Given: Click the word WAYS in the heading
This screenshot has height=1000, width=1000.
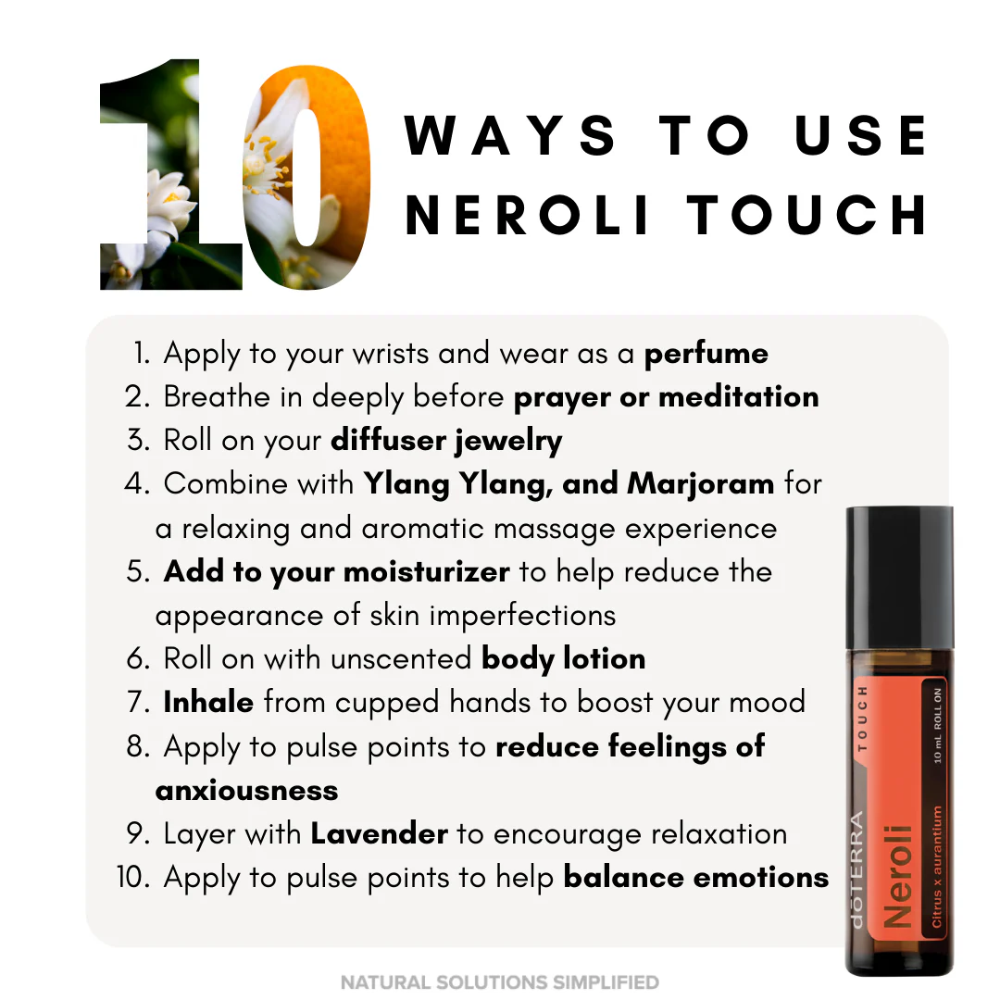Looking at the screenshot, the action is pos(510,135).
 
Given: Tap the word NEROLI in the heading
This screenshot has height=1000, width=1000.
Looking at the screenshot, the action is pos(528,215).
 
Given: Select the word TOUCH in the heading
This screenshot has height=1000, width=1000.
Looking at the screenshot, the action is pos(807,215).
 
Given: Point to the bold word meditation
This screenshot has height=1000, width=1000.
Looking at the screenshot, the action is pos(739,396).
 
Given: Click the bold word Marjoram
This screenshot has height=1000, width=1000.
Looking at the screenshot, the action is pos(701,484).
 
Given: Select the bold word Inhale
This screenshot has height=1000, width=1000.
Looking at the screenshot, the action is pos(208,702).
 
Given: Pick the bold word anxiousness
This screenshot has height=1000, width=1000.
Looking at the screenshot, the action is pos(247,791).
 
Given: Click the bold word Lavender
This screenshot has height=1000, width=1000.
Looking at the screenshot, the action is pos(380,834).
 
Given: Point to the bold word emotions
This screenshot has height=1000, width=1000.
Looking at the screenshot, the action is pos(761,878).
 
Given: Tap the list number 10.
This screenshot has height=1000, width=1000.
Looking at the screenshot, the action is pos(132,878).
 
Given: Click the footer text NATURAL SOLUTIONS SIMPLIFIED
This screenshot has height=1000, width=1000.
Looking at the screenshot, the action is pos(500,982).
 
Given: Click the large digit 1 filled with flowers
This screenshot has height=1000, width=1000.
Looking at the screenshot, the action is pos(171,174).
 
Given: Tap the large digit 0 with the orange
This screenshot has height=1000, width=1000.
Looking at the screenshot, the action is pos(306,177).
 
